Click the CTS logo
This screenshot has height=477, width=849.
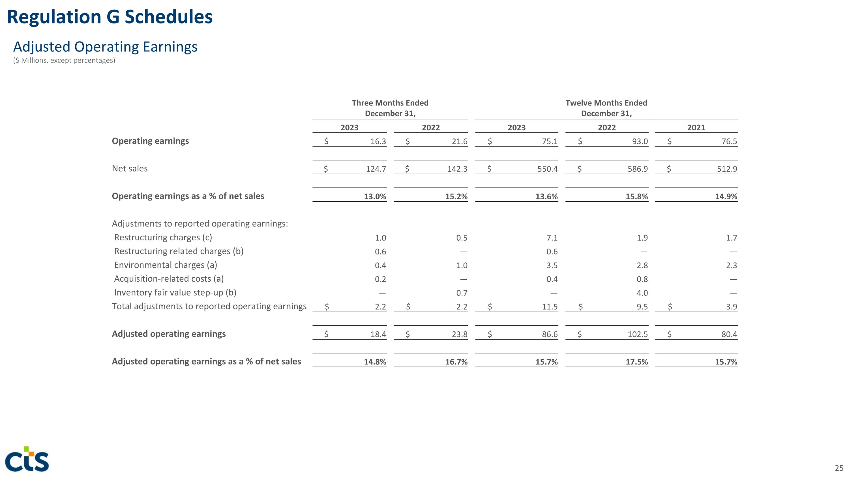click(x=27, y=459)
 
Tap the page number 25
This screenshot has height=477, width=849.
click(x=839, y=468)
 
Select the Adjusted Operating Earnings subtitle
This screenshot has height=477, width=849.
click(x=105, y=47)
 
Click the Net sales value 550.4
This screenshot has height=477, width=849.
click(x=547, y=169)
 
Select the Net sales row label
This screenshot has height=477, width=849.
click(x=130, y=169)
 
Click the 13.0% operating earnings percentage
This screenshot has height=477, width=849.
click(x=375, y=197)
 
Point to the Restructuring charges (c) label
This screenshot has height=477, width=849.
click(x=163, y=237)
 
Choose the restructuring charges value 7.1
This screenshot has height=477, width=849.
click(x=552, y=238)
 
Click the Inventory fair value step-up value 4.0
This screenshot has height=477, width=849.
click(x=642, y=293)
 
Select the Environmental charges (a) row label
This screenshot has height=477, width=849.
click(x=166, y=265)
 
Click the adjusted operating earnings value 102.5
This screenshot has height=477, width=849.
click(x=637, y=334)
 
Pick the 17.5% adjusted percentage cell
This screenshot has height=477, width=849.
click(x=636, y=362)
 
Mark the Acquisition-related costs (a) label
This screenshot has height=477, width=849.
click(x=169, y=279)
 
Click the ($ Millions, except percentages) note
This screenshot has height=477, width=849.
click(x=64, y=61)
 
